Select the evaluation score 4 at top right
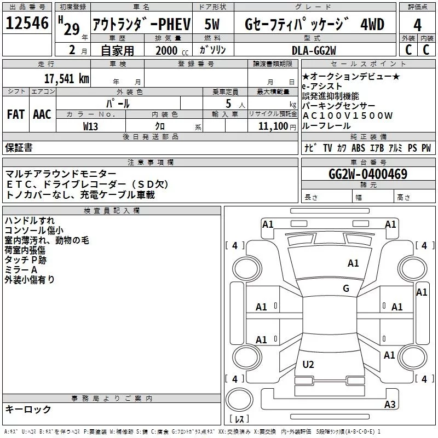click(x=417, y=25)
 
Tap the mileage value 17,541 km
click(x=66, y=78)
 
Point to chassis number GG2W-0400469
click(x=367, y=175)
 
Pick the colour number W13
click(x=91, y=126)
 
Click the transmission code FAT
click(x=15, y=114)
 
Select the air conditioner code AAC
click(x=42, y=114)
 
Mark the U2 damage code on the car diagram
click(x=308, y=364)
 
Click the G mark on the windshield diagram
click(x=345, y=289)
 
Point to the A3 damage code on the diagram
click(x=389, y=405)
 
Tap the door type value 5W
click(x=212, y=25)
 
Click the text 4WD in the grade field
click(x=373, y=25)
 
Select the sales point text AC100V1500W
click(x=347, y=116)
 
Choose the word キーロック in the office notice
click(x=28, y=409)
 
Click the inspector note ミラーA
click(x=21, y=269)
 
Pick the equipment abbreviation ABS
click(x=358, y=148)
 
